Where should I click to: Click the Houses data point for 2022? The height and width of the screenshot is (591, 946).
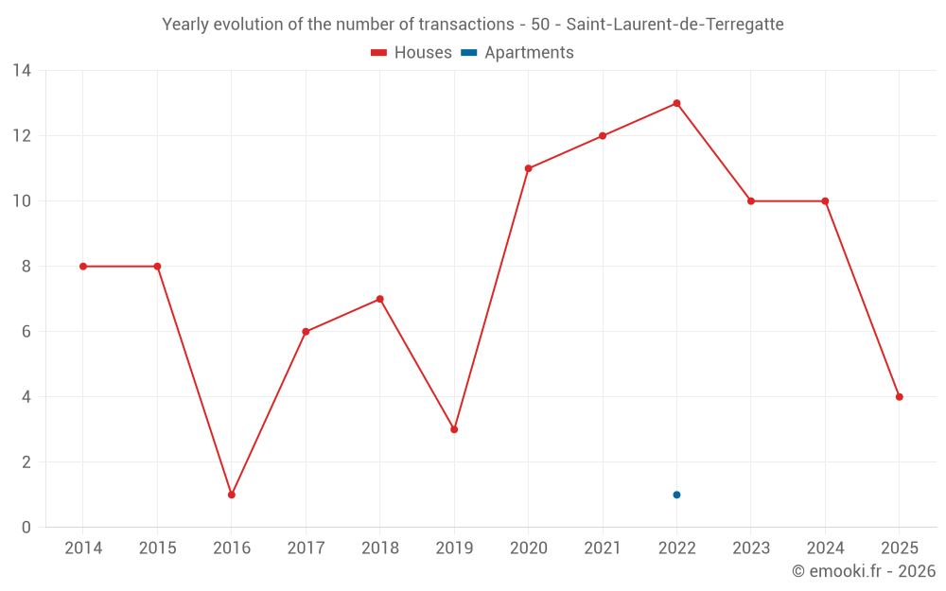click(x=676, y=103)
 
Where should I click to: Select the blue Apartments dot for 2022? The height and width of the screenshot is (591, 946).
click(x=676, y=495)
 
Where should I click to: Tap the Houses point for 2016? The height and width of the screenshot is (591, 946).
click(x=232, y=495)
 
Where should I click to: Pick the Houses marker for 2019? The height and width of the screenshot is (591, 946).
click(x=454, y=429)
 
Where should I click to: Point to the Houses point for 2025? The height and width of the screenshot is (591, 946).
click(x=899, y=397)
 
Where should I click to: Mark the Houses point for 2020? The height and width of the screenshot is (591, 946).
click(x=528, y=168)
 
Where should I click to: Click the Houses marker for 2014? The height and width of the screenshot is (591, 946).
click(x=83, y=267)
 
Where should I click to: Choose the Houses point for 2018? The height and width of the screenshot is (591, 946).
click(x=379, y=299)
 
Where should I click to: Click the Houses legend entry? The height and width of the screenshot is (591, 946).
click(x=412, y=53)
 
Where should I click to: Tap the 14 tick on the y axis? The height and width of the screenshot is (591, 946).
click(x=22, y=71)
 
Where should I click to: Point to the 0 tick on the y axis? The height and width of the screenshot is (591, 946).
click(x=26, y=528)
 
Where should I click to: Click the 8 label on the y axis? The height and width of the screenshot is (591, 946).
click(x=26, y=267)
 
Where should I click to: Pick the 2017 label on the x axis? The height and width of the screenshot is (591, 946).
click(x=306, y=548)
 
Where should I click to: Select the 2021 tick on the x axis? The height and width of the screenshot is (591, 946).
click(x=603, y=548)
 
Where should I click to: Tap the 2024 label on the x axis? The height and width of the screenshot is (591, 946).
click(x=825, y=548)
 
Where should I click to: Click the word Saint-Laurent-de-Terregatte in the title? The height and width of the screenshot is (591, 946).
click(x=674, y=25)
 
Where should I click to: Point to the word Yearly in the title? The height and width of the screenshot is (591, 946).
click(x=185, y=25)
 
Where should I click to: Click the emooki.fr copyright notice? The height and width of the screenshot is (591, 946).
click(x=864, y=571)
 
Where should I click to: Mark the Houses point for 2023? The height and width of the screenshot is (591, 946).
click(x=751, y=201)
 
